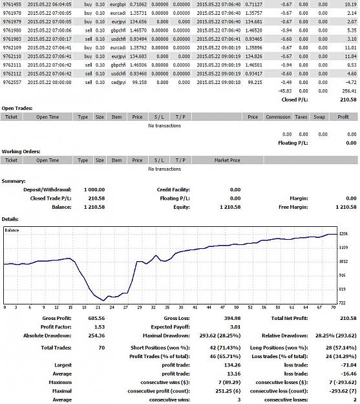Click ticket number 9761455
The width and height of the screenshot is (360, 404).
(x=12, y=5)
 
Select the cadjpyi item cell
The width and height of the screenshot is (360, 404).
(x=118, y=83)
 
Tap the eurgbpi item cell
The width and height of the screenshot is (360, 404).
(x=118, y=5)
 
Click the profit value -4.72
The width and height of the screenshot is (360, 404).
(x=351, y=83)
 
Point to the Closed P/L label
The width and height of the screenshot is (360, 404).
(x=295, y=100)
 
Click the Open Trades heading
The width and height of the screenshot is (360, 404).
(x=17, y=108)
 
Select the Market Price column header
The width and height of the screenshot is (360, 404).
(x=227, y=160)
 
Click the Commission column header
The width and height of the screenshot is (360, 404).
(x=278, y=117)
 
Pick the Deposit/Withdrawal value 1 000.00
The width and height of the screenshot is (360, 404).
(x=94, y=189)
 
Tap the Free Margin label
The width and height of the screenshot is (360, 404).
(x=293, y=207)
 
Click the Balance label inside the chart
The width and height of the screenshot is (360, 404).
(x=12, y=230)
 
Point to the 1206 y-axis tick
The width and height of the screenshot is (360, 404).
(x=343, y=234)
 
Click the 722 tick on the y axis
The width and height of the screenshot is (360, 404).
(x=342, y=303)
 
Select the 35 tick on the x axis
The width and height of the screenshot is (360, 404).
(x=167, y=307)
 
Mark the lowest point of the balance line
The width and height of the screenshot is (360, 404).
(x=103, y=301)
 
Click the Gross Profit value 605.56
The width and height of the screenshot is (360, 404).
(x=96, y=319)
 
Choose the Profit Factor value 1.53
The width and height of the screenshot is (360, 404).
(x=100, y=327)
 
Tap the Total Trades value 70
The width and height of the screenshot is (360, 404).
(x=101, y=348)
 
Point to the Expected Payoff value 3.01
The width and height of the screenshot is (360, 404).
(x=235, y=327)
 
